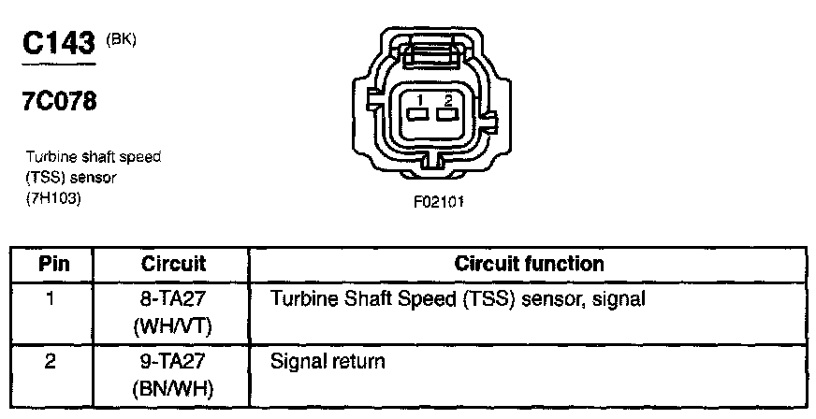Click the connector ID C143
tap(59, 44)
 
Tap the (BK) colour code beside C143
tap(122, 38)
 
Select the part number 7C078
tap(59, 101)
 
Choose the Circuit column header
tap(173, 264)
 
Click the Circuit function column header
tap(529, 264)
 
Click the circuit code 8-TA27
tap(174, 300)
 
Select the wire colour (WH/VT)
tap(174, 326)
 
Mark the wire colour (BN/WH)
tap(174, 387)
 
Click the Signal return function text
tap(328, 361)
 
